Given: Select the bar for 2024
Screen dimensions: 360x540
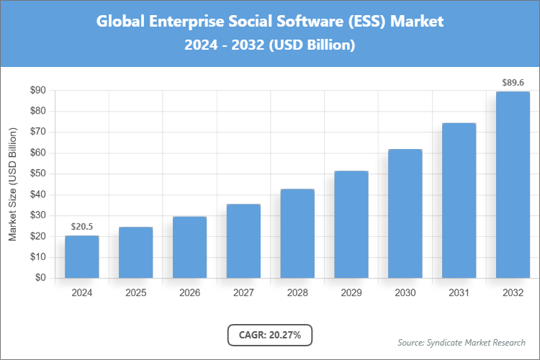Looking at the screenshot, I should pos(81,256).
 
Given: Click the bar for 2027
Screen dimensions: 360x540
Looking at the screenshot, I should pos(243,240).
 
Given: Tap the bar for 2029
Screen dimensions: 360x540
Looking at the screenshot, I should pos(351,224).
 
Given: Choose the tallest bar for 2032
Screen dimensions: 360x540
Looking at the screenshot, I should pos(513,184).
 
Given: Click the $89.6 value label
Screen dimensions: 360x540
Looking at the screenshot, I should pos(513,83).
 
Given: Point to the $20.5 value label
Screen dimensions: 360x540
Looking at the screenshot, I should pos(81,227).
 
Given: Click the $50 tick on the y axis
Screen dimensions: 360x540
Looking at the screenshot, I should pos(37,174).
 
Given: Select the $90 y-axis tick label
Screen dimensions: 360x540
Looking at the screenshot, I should pos(37,91).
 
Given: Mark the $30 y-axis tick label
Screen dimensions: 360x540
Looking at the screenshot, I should pos(37,215).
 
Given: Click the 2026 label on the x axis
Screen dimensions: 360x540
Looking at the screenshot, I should pos(189,293).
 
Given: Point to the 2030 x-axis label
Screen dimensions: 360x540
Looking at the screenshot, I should pos(405,293).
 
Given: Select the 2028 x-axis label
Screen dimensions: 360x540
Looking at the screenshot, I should pos(297,293).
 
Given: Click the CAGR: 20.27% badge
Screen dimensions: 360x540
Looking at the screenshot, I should pos(270,335).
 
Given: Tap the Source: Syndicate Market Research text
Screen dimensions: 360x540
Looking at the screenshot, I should pos(462,342).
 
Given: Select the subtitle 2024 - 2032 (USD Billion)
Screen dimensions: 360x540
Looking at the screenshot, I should pos(270,45).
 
